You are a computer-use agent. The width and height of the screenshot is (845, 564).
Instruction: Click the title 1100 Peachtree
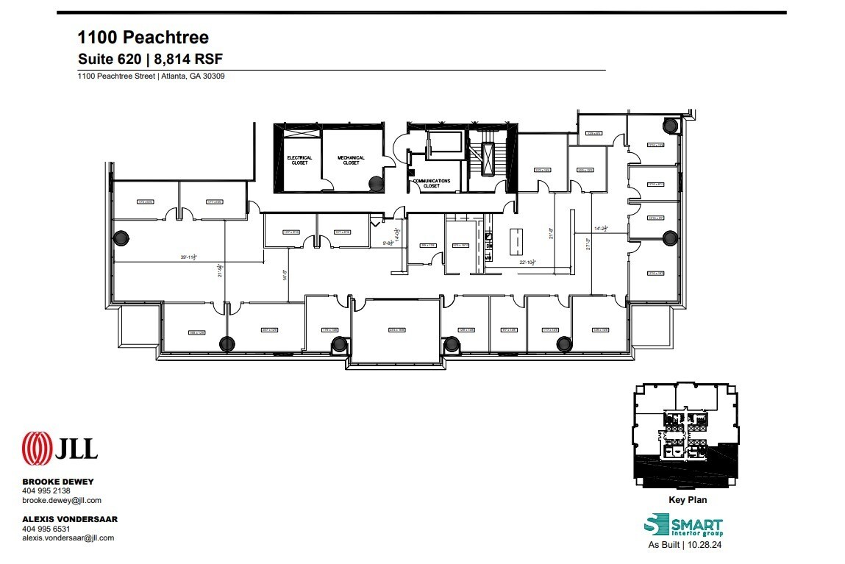tap(143, 37)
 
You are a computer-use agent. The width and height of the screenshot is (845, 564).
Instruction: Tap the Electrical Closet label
tap(299, 160)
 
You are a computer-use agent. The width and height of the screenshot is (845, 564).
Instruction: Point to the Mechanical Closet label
tap(351, 160)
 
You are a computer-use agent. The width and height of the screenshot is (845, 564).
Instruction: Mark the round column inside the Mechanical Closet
tap(375, 184)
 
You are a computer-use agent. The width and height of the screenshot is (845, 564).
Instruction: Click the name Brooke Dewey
tap(57, 482)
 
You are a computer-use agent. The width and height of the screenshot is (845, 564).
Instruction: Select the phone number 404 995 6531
tap(46, 528)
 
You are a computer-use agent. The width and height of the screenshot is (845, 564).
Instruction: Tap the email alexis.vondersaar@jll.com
tap(68, 538)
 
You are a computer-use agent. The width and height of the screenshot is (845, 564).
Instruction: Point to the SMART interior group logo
tap(683, 526)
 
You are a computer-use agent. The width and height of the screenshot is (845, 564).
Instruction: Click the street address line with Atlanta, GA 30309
tap(151, 76)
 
